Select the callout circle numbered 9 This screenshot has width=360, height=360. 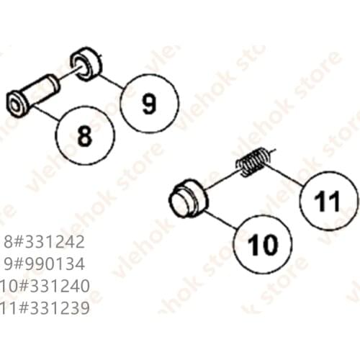coord(149,104)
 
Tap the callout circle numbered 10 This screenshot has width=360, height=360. coord(261,246)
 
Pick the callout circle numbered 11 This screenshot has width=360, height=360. coord(328,200)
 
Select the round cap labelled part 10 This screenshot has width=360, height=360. coord(190,196)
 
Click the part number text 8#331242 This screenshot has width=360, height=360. coord(45,241)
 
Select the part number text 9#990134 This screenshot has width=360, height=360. coord(45,264)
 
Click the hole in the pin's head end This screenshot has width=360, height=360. coord(17,100)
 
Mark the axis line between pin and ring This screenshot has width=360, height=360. coord(66,74)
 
